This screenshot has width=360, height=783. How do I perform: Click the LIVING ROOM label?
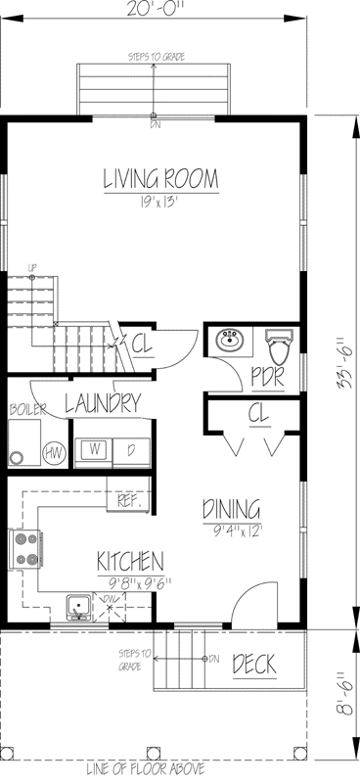click(160, 180)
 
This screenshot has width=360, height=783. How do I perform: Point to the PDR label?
click(267, 376)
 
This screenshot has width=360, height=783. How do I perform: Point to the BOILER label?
click(26, 409)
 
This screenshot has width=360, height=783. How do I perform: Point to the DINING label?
click(231, 509)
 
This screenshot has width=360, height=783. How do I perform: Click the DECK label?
click(253, 666)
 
